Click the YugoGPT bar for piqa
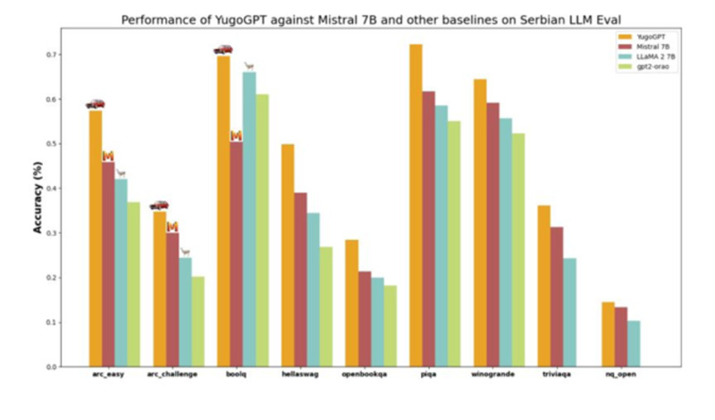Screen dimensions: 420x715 coord(416,205)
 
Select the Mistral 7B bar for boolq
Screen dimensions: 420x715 coord(236,254)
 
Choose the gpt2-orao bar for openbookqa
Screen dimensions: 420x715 coord(390,325)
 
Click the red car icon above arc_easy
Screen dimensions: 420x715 coord(95,104)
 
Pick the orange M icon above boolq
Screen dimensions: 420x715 coord(236,136)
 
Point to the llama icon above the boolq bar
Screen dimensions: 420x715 coord(249,66)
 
